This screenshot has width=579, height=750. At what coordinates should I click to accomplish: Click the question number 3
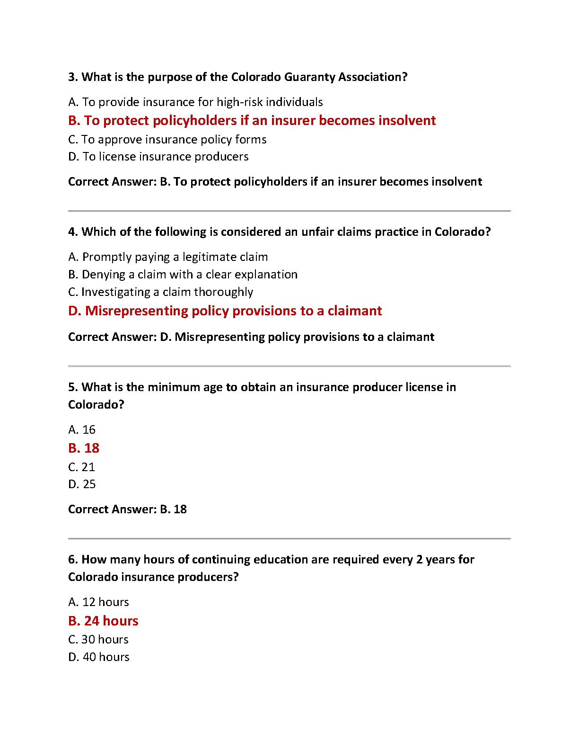click(73, 77)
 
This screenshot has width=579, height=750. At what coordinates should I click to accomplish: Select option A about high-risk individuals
click(195, 102)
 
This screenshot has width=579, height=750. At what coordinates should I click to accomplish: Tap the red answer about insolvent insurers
click(252, 121)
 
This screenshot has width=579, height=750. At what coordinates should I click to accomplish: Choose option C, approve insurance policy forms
click(167, 140)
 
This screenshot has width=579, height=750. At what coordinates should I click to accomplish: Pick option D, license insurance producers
click(158, 157)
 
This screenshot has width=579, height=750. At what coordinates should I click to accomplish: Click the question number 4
click(73, 232)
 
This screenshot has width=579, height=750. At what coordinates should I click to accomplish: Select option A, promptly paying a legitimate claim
click(168, 257)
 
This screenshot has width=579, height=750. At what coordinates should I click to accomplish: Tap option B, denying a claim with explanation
click(183, 275)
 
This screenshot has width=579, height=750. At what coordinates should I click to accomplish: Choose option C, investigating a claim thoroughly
click(160, 292)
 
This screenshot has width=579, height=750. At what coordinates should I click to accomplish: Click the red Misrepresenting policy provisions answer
click(225, 311)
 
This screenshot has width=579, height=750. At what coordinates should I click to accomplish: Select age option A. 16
click(82, 430)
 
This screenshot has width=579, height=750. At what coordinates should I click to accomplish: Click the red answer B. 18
click(84, 448)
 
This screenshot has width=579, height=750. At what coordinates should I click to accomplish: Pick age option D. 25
click(82, 484)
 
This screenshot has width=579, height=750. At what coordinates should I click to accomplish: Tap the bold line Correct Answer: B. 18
click(127, 509)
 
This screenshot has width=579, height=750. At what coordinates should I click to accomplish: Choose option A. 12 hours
click(98, 602)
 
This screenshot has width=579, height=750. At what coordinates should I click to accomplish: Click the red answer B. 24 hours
click(103, 621)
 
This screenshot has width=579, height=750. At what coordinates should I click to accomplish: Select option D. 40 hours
click(98, 657)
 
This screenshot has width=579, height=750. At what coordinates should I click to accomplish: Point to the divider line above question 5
click(289, 366)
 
